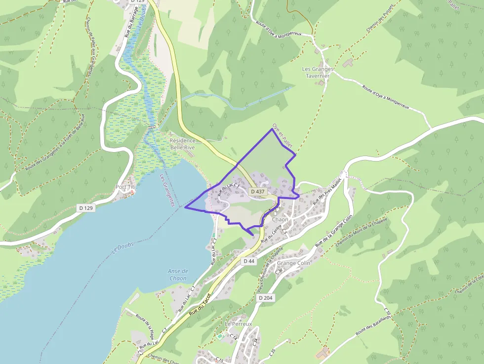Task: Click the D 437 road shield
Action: [x=258, y=191]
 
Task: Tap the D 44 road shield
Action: [x=248, y=261]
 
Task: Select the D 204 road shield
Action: [x=265, y=298]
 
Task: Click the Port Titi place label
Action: [x=125, y=187]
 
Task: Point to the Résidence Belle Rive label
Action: [x=183, y=144]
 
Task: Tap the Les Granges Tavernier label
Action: [x=318, y=73]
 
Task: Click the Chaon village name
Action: [x=280, y=219]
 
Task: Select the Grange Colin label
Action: [x=293, y=263]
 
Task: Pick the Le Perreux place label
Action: [x=239, y=324]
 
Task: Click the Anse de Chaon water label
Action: [x=178, y=275]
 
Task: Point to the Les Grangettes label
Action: [x=167, y=190]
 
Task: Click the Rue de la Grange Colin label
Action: [x=335, y=228]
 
